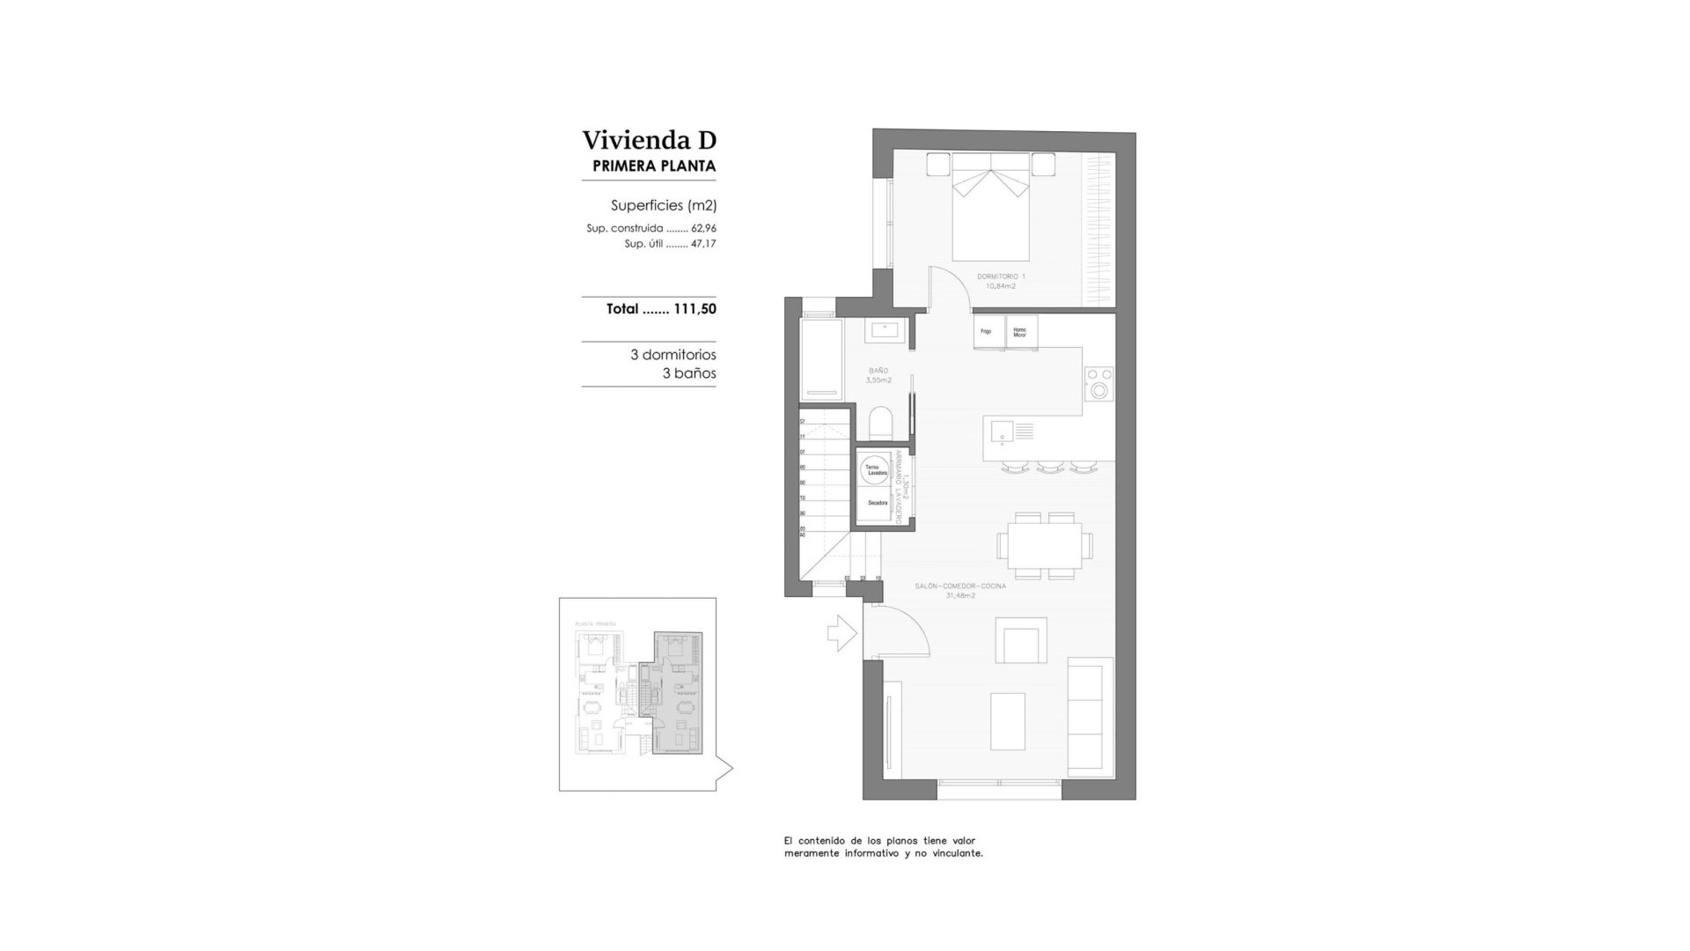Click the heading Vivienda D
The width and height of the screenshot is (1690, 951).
(x=649, y=140)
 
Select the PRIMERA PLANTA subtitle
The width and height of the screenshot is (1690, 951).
(x=654, y=166)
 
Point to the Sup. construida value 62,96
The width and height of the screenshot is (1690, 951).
(x=703, y=228)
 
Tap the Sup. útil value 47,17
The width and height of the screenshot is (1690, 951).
(x=703, y=244)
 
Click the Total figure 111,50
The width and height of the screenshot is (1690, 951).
(x=694, y=309)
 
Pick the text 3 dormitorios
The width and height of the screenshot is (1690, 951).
(x=672, y=355)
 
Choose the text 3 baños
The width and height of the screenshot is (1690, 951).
(x=688, y=373)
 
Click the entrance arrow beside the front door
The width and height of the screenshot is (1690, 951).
(x=841, y=632)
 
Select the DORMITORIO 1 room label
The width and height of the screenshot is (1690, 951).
(x=1001, y=276)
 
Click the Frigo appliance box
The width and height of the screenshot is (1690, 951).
(x=988, y=332)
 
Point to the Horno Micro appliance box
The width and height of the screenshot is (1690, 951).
(x=1020, y=332)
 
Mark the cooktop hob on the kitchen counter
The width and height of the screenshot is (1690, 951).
(x=1098, y=384)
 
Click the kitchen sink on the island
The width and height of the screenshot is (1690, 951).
(x=1002, y=431)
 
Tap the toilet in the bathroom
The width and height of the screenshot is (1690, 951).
(x=880, y=423)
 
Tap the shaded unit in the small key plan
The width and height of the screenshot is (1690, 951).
(x=677, y=696)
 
